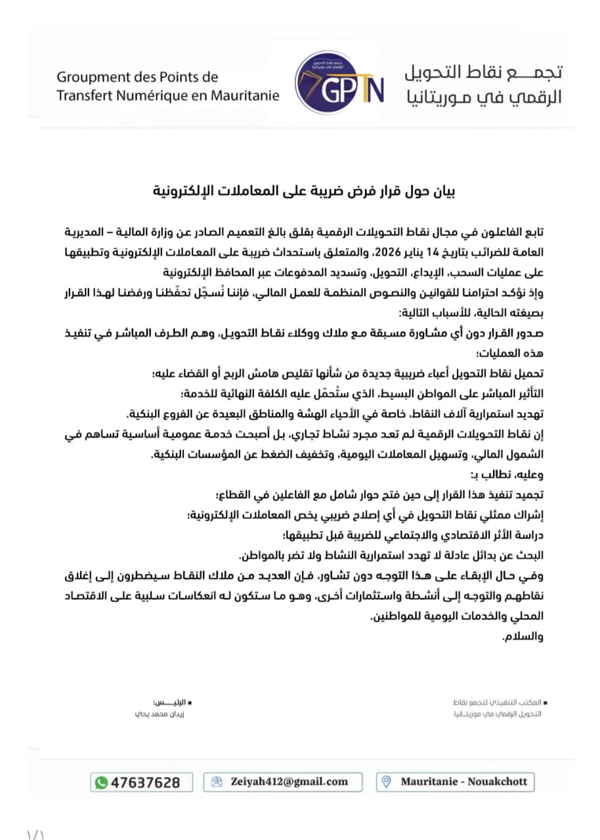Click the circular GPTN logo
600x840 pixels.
coord(339,85)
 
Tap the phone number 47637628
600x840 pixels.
coord(145,782)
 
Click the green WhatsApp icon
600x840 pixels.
coord(101,782)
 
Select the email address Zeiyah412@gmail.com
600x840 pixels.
coord(289,782)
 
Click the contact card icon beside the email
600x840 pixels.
coord(217,782)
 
